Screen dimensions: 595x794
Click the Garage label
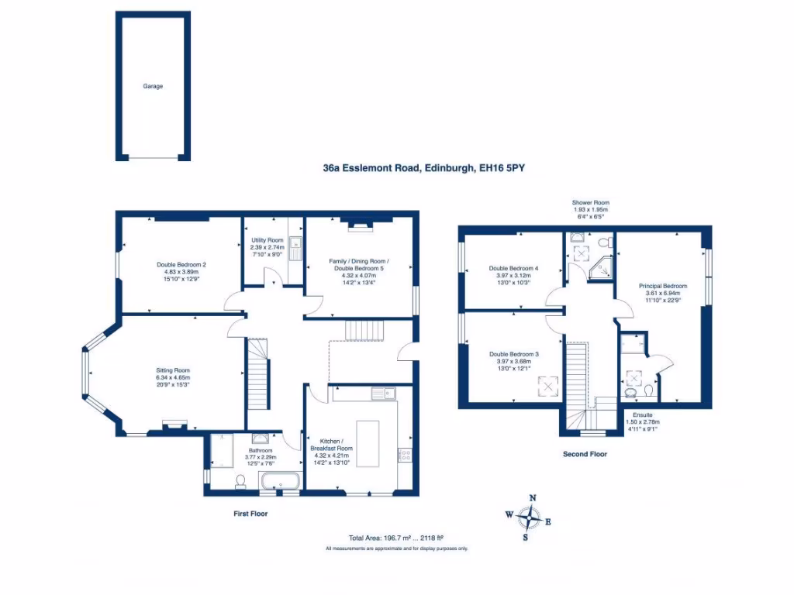pos(153,86)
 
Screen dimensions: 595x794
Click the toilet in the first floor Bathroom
pos(240,482)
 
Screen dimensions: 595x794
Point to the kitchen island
pos(368,444)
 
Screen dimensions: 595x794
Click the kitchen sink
pos(383,394)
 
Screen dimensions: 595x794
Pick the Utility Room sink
pos(295,248)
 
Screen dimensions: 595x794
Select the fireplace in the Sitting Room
pos(174,424)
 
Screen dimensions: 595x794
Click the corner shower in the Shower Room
pos(600,267)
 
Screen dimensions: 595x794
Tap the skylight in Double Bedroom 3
pos(549,385)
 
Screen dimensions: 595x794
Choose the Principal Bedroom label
pos(663,286)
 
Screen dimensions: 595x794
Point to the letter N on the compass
pos(532,498)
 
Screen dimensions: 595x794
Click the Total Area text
pos(396,538)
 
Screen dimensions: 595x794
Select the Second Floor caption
pos(585,455)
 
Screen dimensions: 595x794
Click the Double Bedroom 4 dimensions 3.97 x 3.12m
pos(513,276)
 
